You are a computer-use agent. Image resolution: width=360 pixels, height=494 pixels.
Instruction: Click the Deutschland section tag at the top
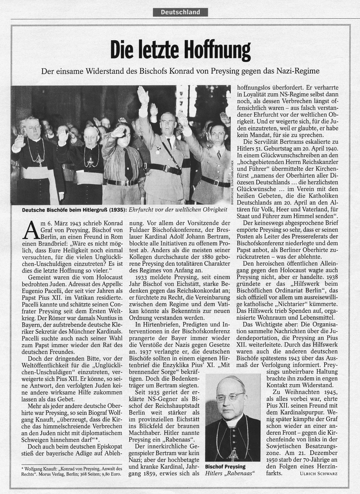180,12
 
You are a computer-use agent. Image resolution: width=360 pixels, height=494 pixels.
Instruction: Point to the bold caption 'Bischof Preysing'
225,466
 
